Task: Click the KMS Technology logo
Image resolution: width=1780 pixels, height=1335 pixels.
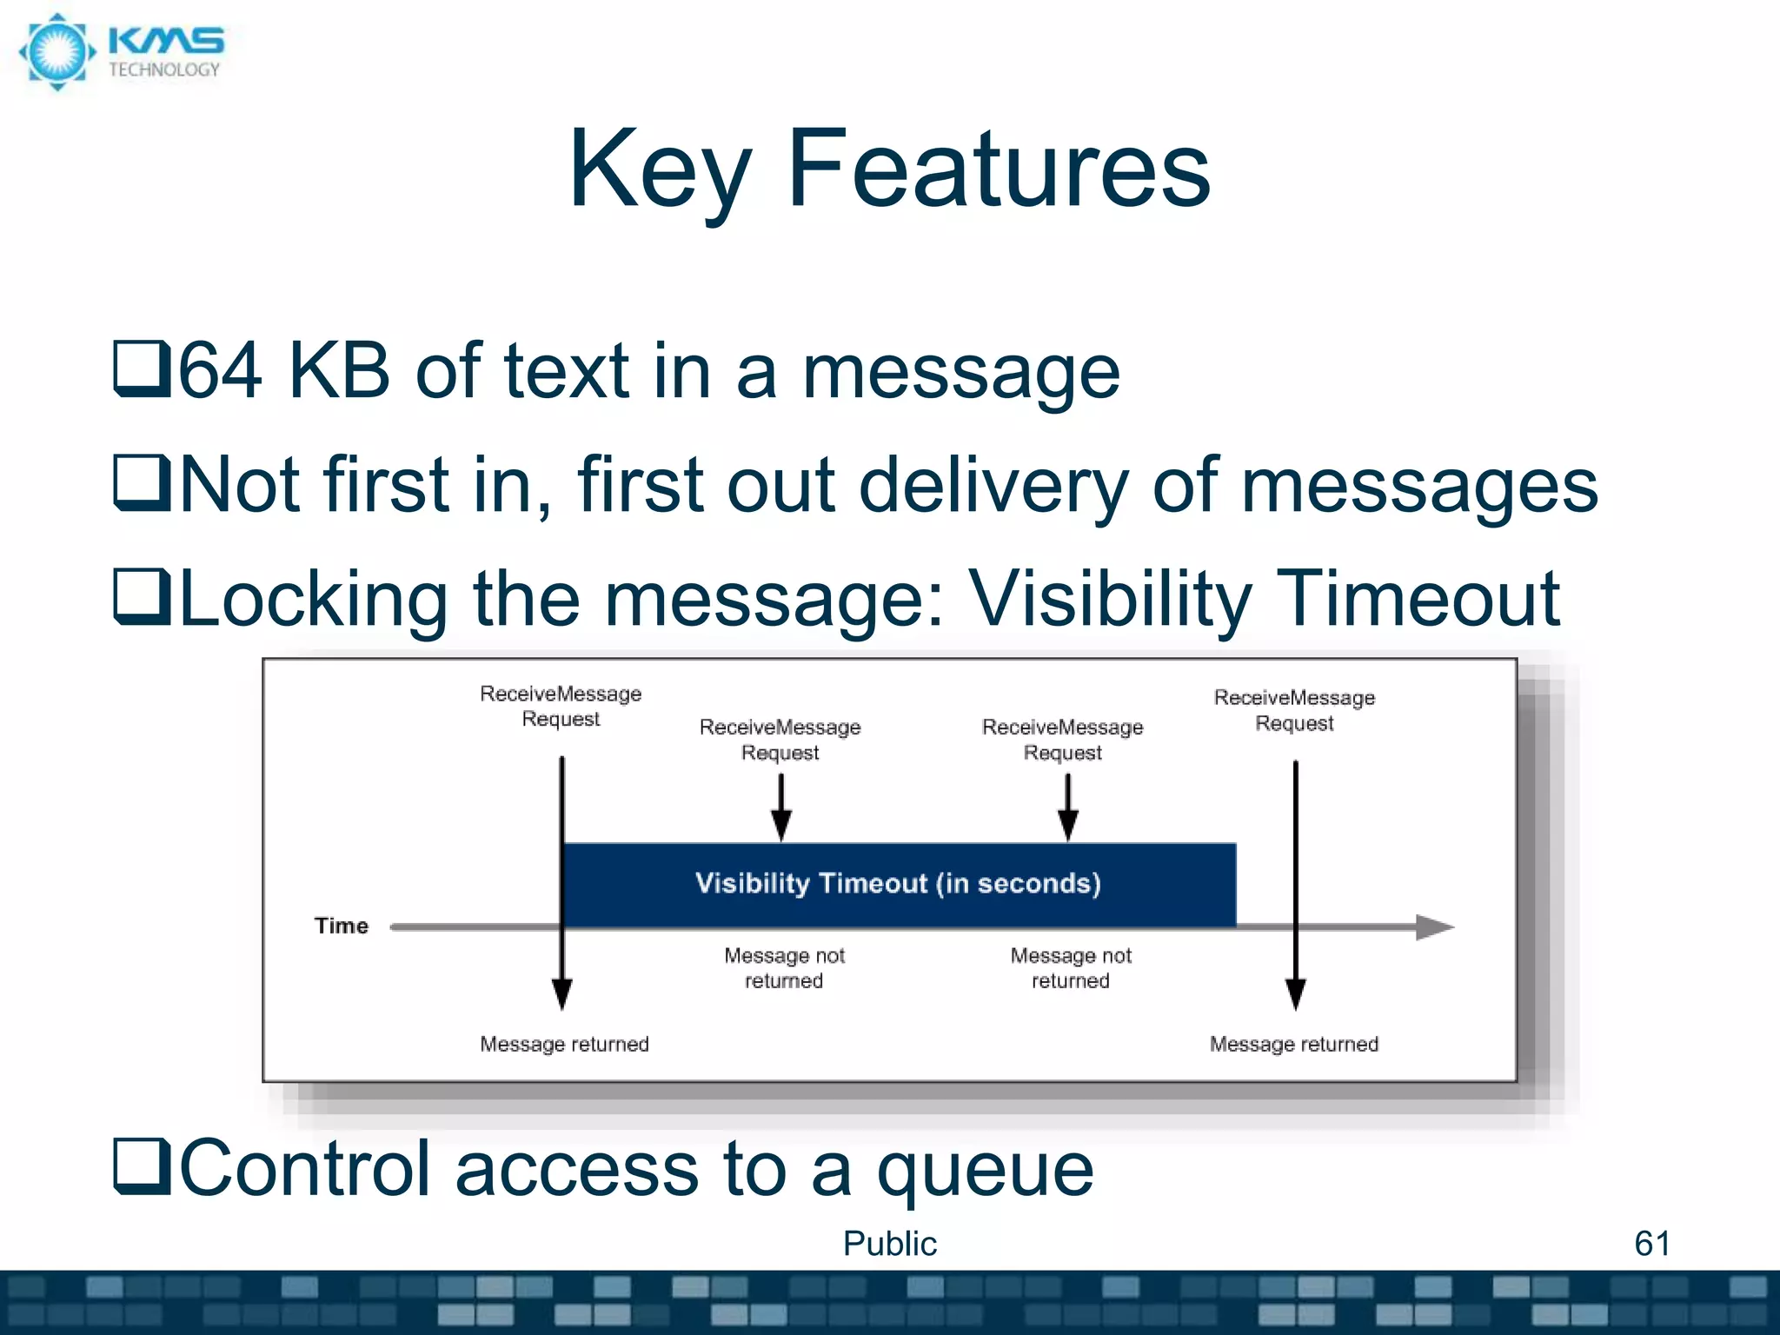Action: point(122,52)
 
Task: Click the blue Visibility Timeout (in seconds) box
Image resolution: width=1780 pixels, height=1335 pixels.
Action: point(899,884)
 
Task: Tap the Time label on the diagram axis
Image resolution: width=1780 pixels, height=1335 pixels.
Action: point(342,926)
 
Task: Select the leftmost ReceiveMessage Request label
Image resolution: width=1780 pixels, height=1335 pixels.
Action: point(561,706)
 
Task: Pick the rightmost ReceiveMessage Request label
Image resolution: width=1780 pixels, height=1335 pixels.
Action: point(1294,710)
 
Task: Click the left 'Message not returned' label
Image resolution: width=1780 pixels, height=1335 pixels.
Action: point(784,967)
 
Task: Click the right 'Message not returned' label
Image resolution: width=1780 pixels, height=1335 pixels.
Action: point(1071,967)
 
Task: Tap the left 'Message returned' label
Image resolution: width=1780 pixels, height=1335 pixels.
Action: point(564,1044)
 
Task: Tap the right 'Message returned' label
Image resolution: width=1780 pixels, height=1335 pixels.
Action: point(1294,1044)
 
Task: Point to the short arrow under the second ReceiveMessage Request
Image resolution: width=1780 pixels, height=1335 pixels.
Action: point(781,808)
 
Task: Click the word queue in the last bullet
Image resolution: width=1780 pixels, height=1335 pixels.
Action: point(985,1170)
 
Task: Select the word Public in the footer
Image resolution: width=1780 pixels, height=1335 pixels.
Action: point(890,1244)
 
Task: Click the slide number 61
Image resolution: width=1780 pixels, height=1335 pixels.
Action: point(1651,1244)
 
